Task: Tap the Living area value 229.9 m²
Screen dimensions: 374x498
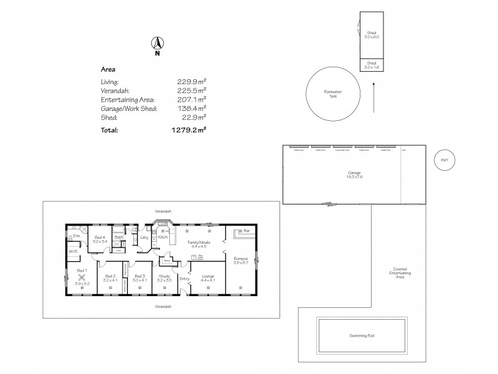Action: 192,82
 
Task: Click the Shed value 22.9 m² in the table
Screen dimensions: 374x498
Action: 194,117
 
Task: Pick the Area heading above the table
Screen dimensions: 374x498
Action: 108,70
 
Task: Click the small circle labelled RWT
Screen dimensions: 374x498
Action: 444,160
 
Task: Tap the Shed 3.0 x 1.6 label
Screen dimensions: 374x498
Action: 372,65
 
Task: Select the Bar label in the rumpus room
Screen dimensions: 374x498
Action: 247,231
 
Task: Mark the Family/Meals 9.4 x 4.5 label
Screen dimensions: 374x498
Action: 200,245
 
